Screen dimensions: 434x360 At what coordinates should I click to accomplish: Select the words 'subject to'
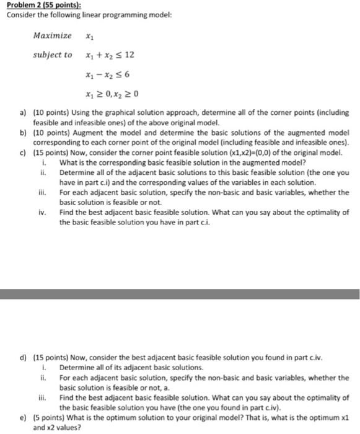tap(53, 55)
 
